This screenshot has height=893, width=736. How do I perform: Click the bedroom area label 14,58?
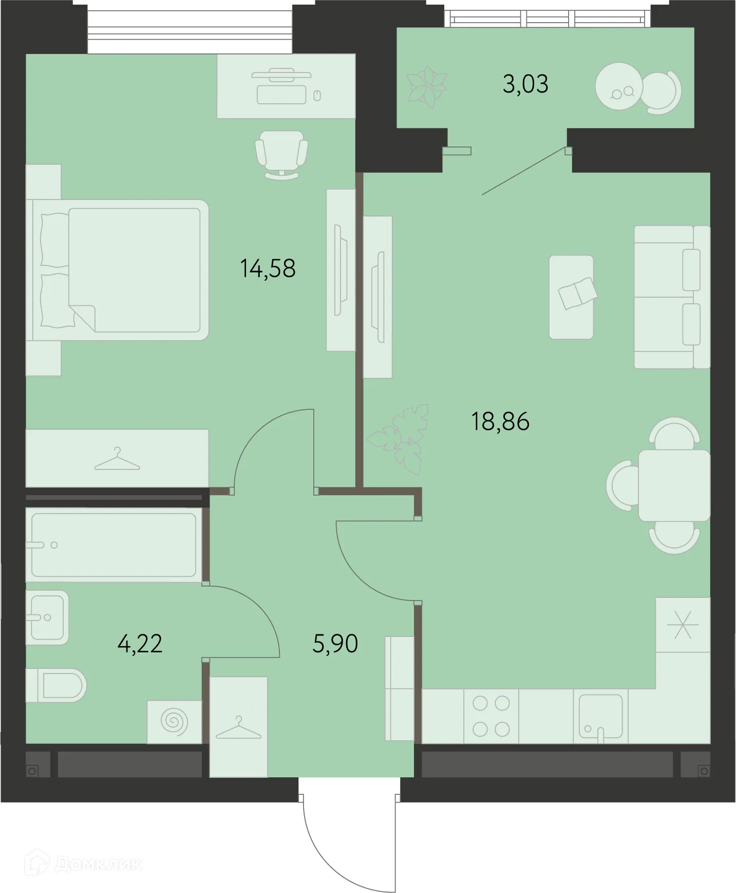[268, 268]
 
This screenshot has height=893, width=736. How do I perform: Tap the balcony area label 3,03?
[525, 84]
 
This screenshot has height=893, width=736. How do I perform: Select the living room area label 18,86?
[500, 422]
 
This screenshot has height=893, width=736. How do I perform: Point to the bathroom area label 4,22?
[140, 644]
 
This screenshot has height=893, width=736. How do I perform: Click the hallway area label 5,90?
[335, 644]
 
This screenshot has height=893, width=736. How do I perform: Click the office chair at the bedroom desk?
[281, 153]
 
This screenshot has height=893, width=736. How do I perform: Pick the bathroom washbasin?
[47, 617]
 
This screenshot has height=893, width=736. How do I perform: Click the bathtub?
[113, 545]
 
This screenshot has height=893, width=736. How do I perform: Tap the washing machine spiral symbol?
[174, 721]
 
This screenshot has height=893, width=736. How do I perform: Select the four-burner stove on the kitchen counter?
[491, 716]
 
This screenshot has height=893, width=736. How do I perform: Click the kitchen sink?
[600, 716]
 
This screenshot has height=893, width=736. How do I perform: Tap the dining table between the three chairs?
[673, 485]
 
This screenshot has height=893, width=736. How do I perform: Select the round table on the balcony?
[619, 86]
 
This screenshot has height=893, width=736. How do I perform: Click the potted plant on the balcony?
[426, 87]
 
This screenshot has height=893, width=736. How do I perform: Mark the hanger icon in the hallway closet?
[238, 727]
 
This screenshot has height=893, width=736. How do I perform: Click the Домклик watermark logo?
[85, 863]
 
